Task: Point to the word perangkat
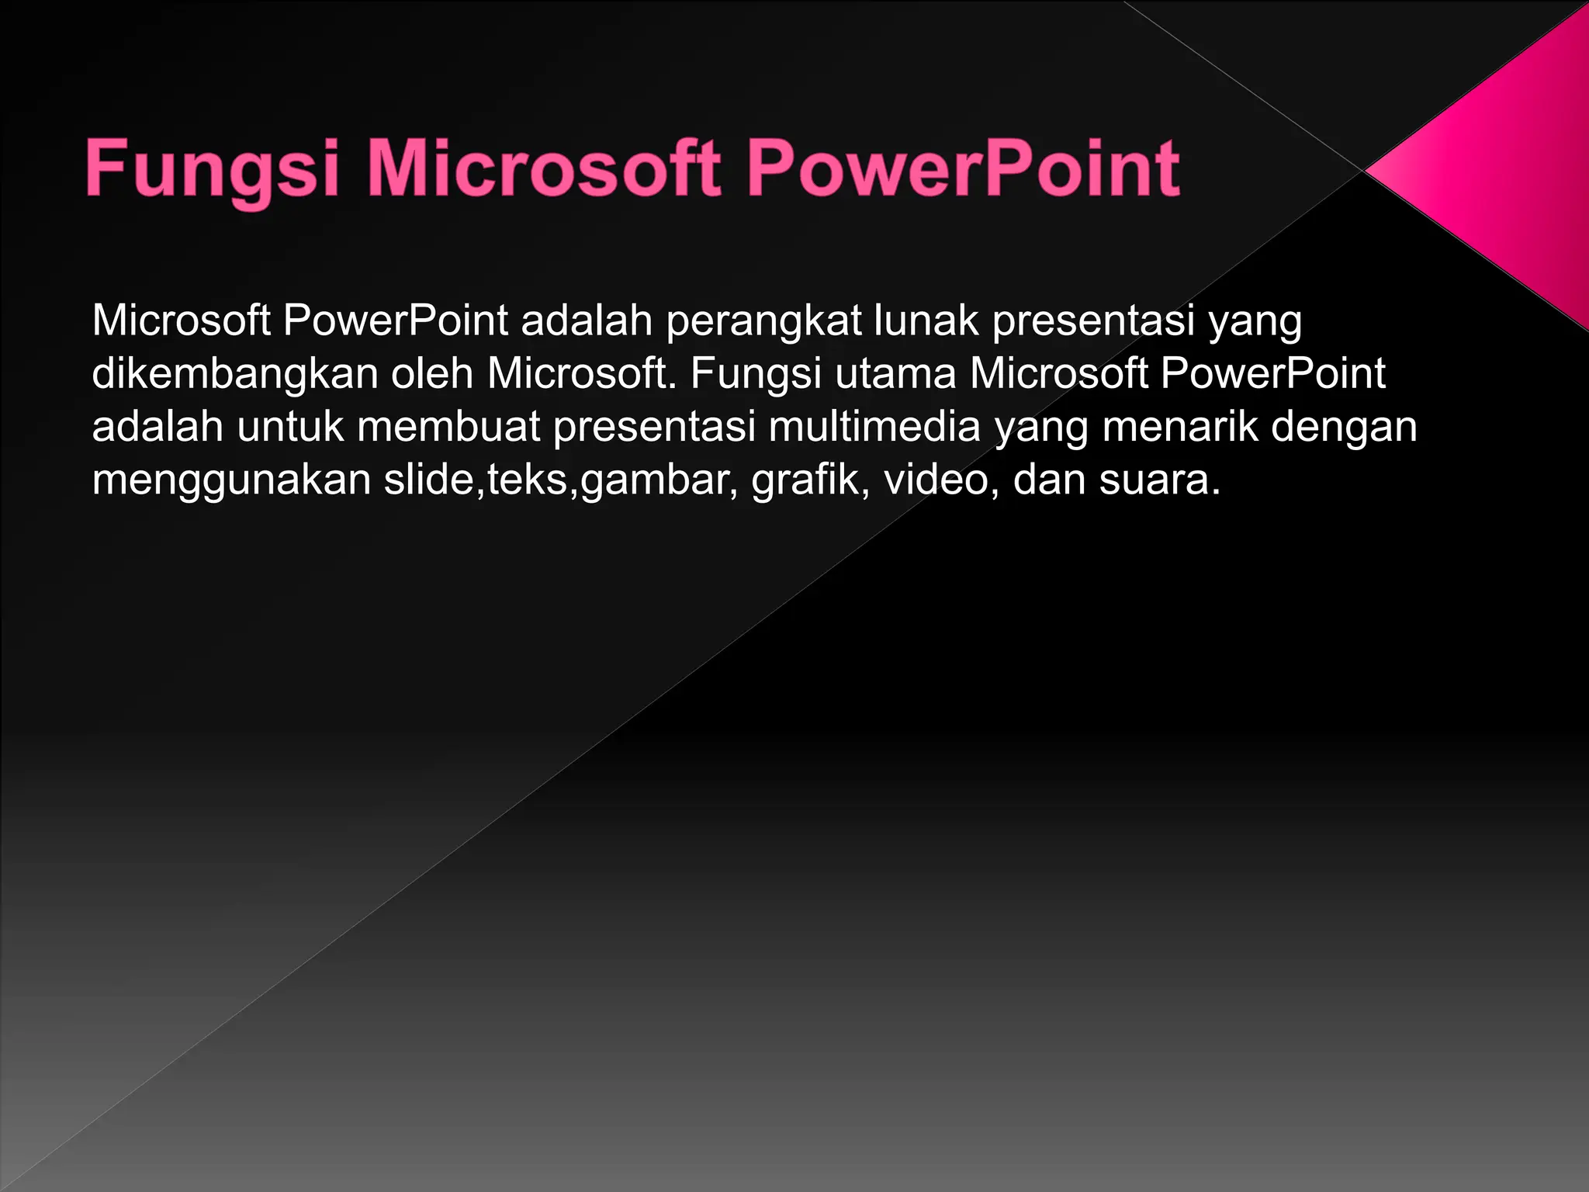(763, 321)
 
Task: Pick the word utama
(895, 374)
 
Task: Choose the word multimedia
(874, 427)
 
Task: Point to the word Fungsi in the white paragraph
(756, 374)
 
